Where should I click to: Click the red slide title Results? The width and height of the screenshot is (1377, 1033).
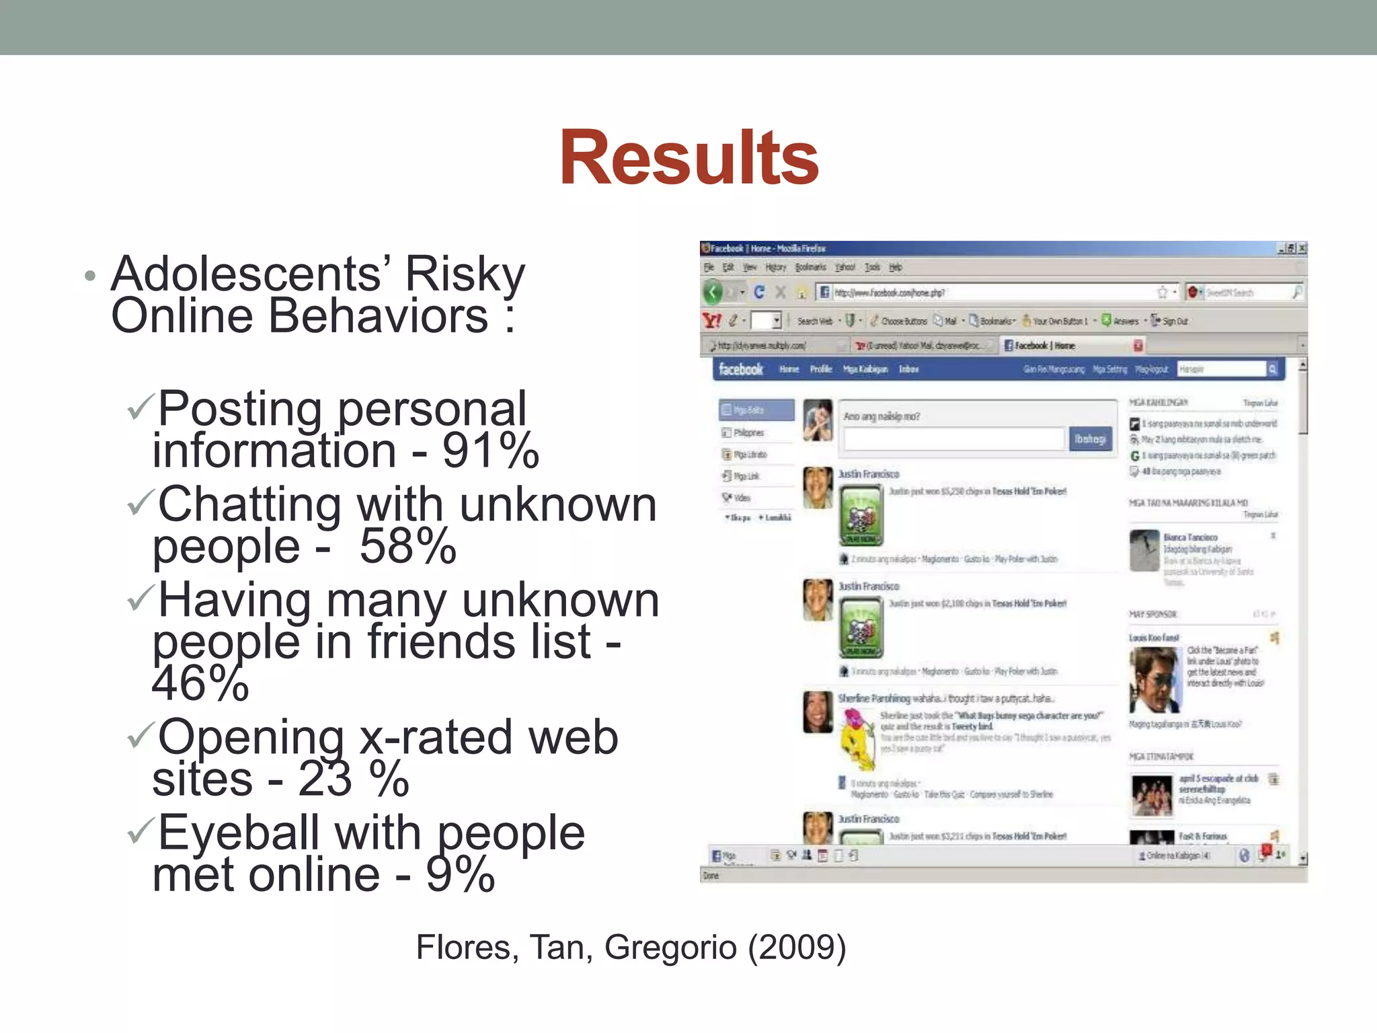tap(688, 159)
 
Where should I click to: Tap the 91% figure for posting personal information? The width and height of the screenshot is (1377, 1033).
tap(490, 451)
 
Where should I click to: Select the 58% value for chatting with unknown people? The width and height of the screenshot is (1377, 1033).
tap(407, 546)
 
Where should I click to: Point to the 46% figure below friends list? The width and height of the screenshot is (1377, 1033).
tap(200, 683)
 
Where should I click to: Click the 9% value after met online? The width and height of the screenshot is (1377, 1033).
tap(460, 874)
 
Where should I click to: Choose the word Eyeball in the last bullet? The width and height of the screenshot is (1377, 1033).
tap(238, 833)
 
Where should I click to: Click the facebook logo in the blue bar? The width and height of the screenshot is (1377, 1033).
tap(740, 369)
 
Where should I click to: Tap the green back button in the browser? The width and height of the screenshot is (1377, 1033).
tap(713, 293)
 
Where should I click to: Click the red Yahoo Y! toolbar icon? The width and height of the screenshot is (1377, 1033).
tap(712, 321)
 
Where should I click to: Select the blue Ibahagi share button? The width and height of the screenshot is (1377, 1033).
tap(1089, 439)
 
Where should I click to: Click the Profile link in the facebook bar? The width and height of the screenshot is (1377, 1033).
tap(821, 369)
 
